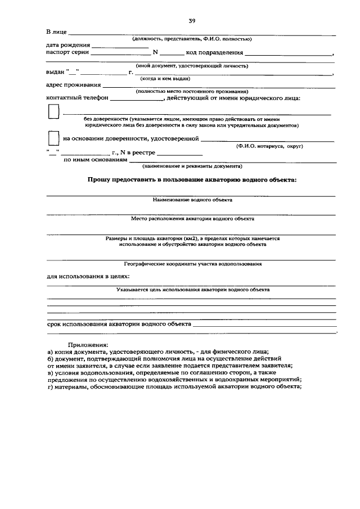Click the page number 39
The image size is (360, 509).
pos(192,20)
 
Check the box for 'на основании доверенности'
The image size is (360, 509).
pos(53,138)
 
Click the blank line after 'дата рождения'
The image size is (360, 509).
pos(119,47)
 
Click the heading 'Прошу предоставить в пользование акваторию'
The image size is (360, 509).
pos(191,179)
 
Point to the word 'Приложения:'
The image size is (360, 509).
pos(88,344)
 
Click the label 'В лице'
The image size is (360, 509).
pos(56,31)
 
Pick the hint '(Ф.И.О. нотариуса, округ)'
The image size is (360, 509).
pos(270,146)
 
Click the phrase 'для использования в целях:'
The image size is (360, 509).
pos(88,277)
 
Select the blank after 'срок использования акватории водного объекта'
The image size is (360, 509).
pos(264,326)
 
